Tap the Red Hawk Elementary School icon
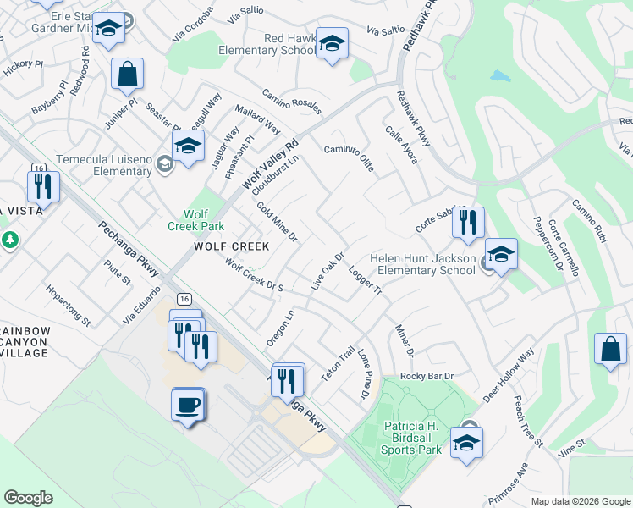pyautogui.click(x=332, y=43)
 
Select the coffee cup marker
pyautogui.click(x=188, y=404)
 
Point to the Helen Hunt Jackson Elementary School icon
pyautogui.click(x=501, y=256)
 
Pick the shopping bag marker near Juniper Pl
pyautogui.click(x=127, y=75)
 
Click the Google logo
pyautogui.click(x=28, y=498)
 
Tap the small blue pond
pyautogui.click(x=500, y=76)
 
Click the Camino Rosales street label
pyautogui.click(x=291, y=101)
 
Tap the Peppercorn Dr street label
pyautogui.click(x=548, y=241)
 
